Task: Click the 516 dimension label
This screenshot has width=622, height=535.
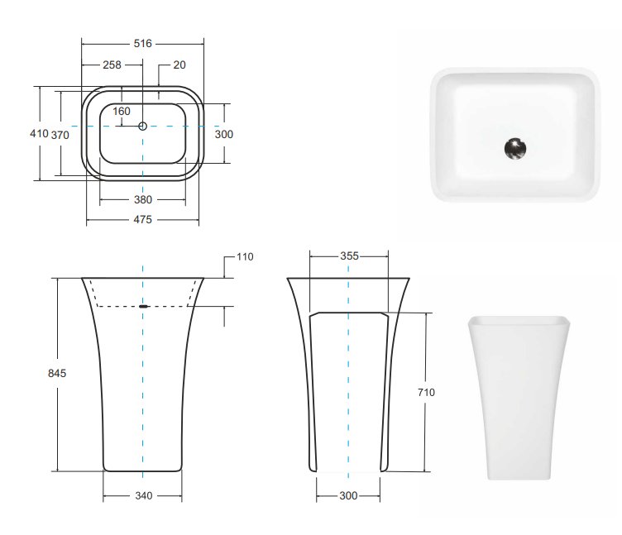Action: click(x=143, y=43)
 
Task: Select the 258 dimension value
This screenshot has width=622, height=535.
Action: click(x=112, y=64)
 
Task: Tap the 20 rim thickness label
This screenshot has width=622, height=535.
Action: click(x=179, y=64)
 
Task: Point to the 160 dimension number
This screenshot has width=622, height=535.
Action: click(x=122, y=111)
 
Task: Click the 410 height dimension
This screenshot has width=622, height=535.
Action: click(x=39, y=133)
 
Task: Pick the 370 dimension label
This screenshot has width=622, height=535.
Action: click(x=60, y=136)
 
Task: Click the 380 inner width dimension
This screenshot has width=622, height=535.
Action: click(x=143, y=199)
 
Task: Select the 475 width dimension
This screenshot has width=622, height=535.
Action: click(x=143, y=219)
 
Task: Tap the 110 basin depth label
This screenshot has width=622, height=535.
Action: click(x=245, y=257)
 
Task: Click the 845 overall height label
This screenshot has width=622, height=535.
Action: click(x=57, y=373)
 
